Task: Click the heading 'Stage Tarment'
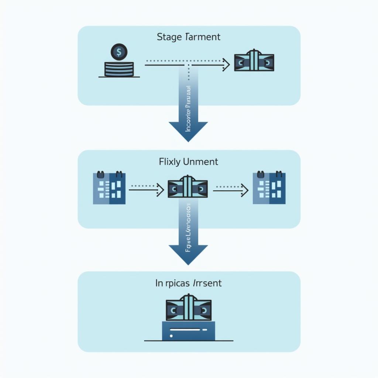click(188, 37)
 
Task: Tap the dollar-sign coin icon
click(118, 52)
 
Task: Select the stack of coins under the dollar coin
click(118, 69)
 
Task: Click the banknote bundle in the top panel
click(254, 61)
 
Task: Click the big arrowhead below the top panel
click(188, 131)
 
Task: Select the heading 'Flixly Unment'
click(188, 162)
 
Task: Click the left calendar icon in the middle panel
click(109, 188)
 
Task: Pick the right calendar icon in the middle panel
click(269, 188)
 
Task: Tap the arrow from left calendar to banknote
click(146, 190)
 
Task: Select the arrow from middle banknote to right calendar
click(230, 190)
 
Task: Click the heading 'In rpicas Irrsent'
click(188, 283)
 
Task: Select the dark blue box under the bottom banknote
click(188, 331)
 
